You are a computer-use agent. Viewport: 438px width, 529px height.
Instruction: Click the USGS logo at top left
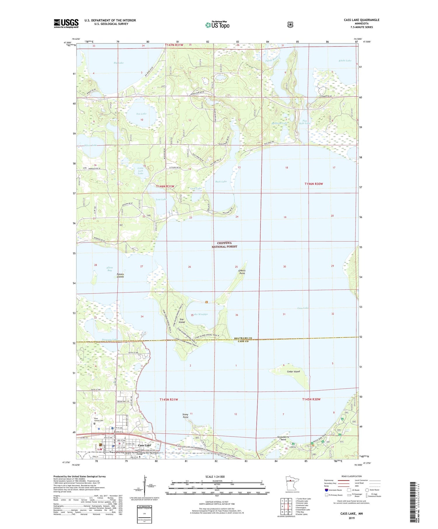[66, 23]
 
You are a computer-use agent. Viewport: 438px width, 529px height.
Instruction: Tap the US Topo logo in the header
[217, 25]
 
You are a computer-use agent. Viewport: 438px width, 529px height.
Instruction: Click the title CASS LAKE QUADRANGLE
[361, 20]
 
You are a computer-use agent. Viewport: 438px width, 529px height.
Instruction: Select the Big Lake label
[119, 63]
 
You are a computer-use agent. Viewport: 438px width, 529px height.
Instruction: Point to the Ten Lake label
[141, 114]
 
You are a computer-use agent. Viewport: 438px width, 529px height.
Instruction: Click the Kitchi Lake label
[345, 60]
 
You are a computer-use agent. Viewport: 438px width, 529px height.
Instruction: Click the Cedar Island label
[293, 371]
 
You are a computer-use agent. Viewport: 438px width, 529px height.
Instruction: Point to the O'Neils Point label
[242, 272]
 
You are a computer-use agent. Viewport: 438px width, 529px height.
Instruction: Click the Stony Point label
[185, 416]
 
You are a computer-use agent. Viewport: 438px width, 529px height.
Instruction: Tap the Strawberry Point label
[283, 438]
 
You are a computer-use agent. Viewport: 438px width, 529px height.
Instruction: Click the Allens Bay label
[109, 269]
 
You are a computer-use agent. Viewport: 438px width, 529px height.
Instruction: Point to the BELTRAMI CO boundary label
[243, 338]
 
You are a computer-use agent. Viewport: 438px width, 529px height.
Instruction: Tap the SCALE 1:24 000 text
[215, 477]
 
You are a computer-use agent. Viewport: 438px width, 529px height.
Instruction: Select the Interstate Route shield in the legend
[326, 490]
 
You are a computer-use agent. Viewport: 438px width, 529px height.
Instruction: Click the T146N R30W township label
[314, 184]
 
